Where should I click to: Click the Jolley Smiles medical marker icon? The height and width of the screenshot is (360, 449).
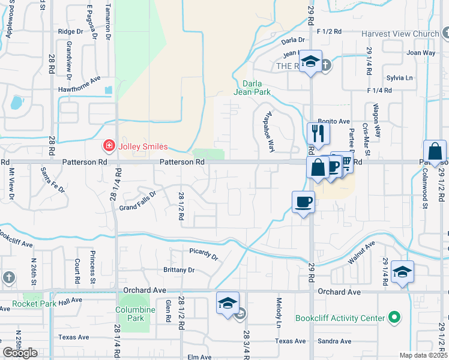point(109,146)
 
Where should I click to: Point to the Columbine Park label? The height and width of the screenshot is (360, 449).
point(133,314)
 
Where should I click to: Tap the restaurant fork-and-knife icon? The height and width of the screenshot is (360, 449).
point(318,133)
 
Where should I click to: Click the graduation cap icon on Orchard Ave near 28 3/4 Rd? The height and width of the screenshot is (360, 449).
point(228,302)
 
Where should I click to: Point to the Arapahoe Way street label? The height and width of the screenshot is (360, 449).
point(269,131)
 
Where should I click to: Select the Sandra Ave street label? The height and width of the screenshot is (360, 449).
point(330,341)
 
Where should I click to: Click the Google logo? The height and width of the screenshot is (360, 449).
point(20,353)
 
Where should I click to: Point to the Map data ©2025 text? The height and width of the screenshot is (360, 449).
point(424,355)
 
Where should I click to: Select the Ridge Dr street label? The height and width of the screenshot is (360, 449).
point(70,31)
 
